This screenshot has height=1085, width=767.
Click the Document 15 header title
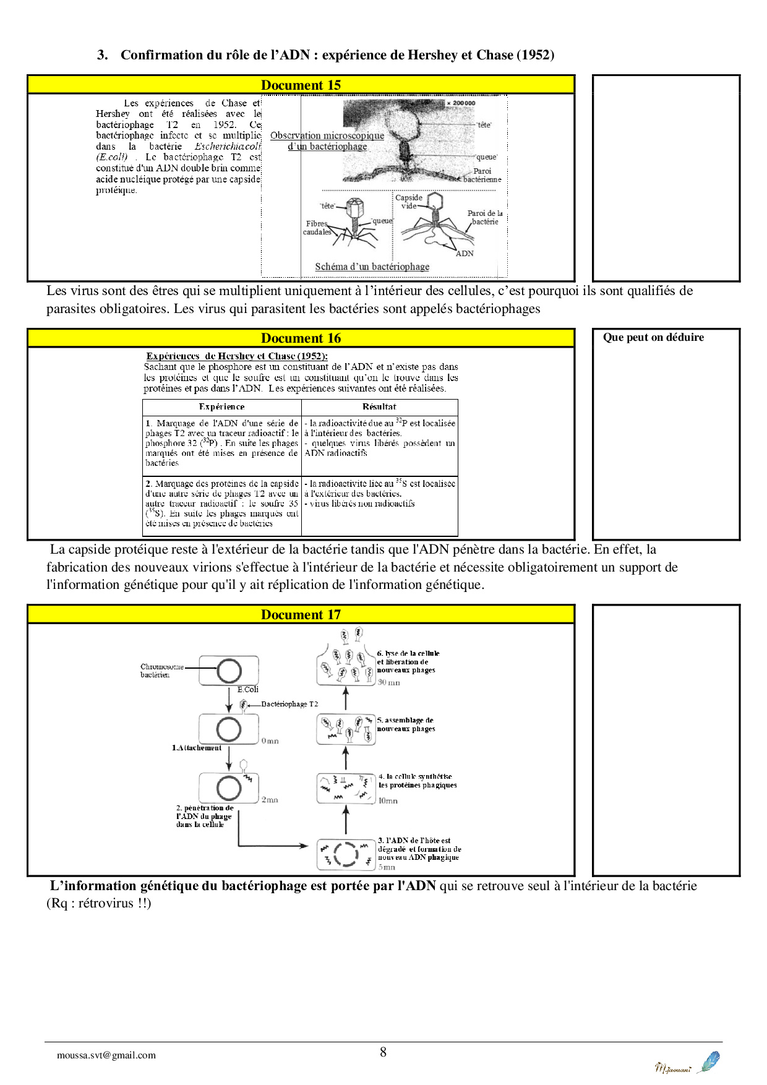point(301,85)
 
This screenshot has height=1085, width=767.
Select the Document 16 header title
point(301,338)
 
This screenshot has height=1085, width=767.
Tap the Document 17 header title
point(301,615)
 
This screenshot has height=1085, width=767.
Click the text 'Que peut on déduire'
point(653,337)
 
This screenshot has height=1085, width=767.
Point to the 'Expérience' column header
point(221,407)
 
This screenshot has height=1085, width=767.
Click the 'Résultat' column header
point(379,407)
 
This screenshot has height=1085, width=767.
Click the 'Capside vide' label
point(409,202)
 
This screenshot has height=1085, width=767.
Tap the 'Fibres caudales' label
point(317,228)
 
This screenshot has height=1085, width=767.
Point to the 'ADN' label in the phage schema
point(465,254)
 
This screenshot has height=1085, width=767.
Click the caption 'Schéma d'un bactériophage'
point(372,267)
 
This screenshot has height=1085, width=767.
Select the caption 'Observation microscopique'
point(327,135)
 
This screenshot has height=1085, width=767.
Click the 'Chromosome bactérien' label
point(161,671)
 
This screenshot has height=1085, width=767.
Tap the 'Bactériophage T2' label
point(289,704)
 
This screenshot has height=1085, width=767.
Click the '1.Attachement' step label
point(197,748)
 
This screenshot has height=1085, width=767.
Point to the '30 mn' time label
point(389,683)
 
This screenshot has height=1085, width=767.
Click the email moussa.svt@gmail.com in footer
point(106,1055)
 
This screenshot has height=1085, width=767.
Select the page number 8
point(383,1052)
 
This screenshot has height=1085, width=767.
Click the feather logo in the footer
point(709,1061)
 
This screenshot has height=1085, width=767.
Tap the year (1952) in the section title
point(535,55)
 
